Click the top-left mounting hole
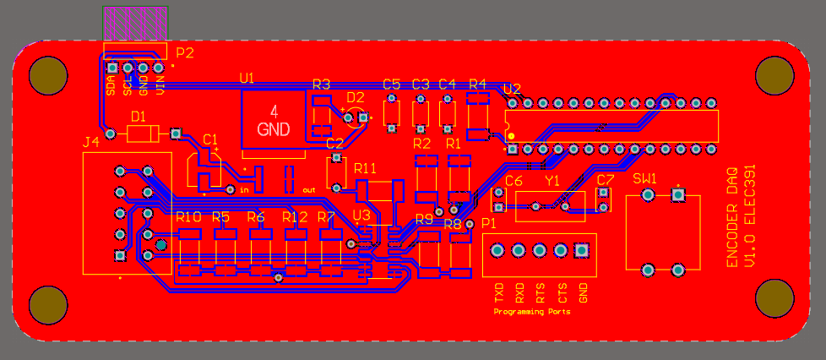point(48,76)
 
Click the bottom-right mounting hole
point(774,298)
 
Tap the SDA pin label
point(111,85)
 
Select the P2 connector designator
point(185,53)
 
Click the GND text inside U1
point(274,130)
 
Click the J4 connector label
point(91,143)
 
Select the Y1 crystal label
point(552,181)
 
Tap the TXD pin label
point(498,293)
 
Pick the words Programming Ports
point(531,312)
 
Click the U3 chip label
point(361,215)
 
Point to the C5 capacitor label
point(391,85)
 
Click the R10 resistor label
point(188,217)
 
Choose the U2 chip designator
point(512,89)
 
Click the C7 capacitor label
point(605,181)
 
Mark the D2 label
point(355,97)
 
